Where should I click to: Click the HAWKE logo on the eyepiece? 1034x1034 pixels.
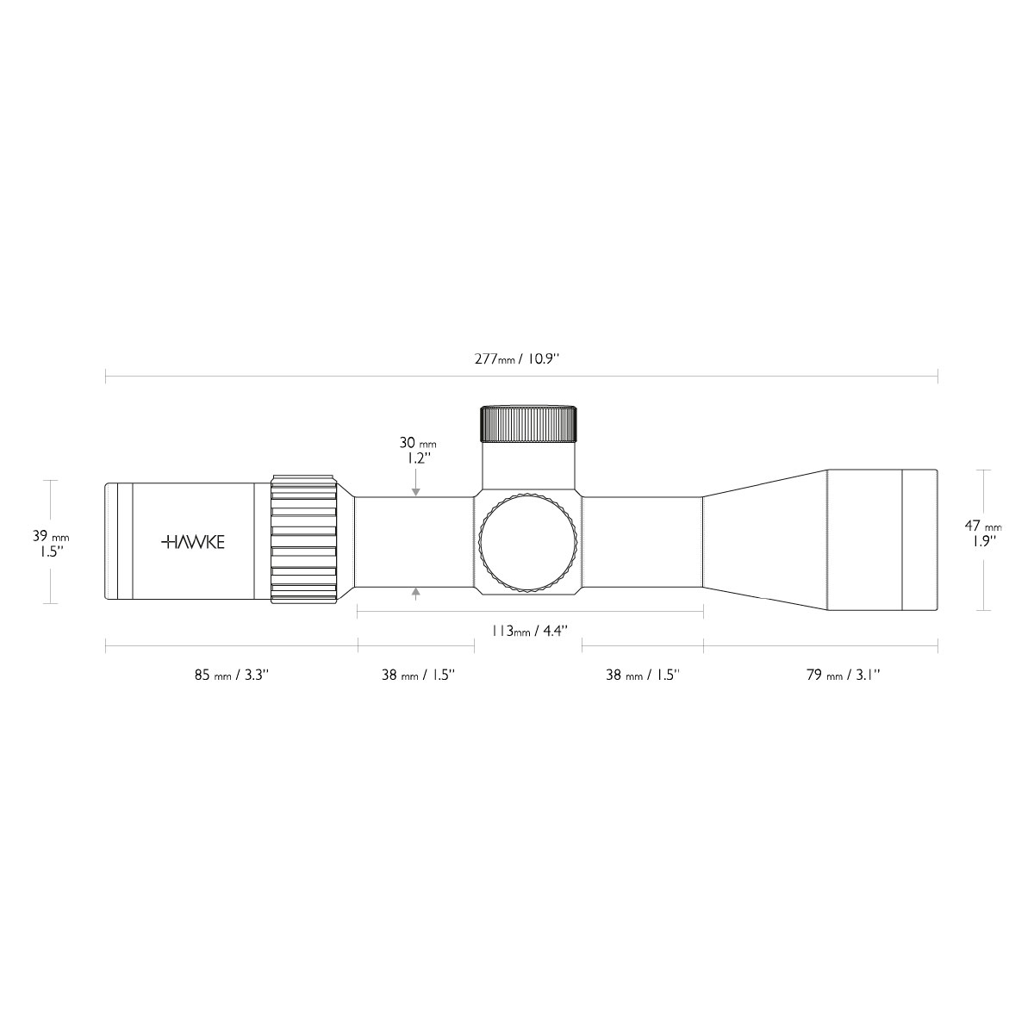193,542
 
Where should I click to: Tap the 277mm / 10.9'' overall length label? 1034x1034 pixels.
517,359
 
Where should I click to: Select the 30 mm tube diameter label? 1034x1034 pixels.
417,443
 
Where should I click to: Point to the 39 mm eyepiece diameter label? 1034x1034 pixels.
51,535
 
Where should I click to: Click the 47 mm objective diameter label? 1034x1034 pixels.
983,526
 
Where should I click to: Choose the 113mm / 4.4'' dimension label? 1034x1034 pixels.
530,631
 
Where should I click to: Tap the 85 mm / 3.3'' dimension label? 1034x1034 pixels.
231,675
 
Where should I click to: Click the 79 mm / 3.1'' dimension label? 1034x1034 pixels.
844,675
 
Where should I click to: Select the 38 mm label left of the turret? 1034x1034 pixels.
419,675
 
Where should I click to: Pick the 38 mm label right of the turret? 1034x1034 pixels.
643,675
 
